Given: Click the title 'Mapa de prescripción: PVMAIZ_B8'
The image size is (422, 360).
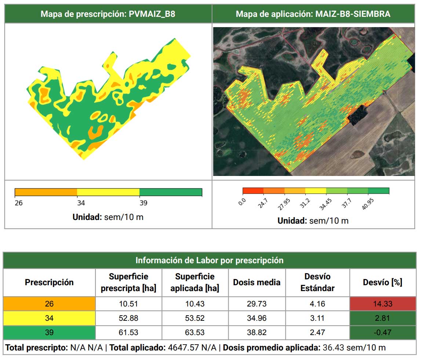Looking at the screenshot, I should point(108,14).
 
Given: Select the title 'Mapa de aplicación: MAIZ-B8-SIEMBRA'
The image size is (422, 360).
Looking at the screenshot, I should point(313,14).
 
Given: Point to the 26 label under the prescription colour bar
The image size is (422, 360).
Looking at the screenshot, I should point(19,203).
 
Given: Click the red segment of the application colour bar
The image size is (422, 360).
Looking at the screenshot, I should point(253,191).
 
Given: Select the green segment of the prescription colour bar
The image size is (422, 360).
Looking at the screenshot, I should point(171,192).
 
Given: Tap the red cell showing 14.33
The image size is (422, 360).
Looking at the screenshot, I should point(383,304).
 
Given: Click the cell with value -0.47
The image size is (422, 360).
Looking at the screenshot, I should point(383,333).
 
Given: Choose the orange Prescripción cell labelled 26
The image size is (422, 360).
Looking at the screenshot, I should point(49,304).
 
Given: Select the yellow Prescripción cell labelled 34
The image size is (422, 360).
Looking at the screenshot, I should point(49,318).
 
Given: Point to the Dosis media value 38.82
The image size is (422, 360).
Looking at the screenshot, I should point(257,333).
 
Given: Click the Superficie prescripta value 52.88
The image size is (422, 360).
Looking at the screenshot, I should point(128,318).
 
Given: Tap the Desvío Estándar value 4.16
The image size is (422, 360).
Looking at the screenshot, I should point(317,304).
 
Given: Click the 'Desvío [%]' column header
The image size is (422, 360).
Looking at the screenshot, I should point(382,282).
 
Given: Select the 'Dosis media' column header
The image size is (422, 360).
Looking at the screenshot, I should point(257,282).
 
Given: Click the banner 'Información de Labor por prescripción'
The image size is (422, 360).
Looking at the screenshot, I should point(210,260).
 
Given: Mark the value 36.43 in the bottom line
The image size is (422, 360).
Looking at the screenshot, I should point(333,348).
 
